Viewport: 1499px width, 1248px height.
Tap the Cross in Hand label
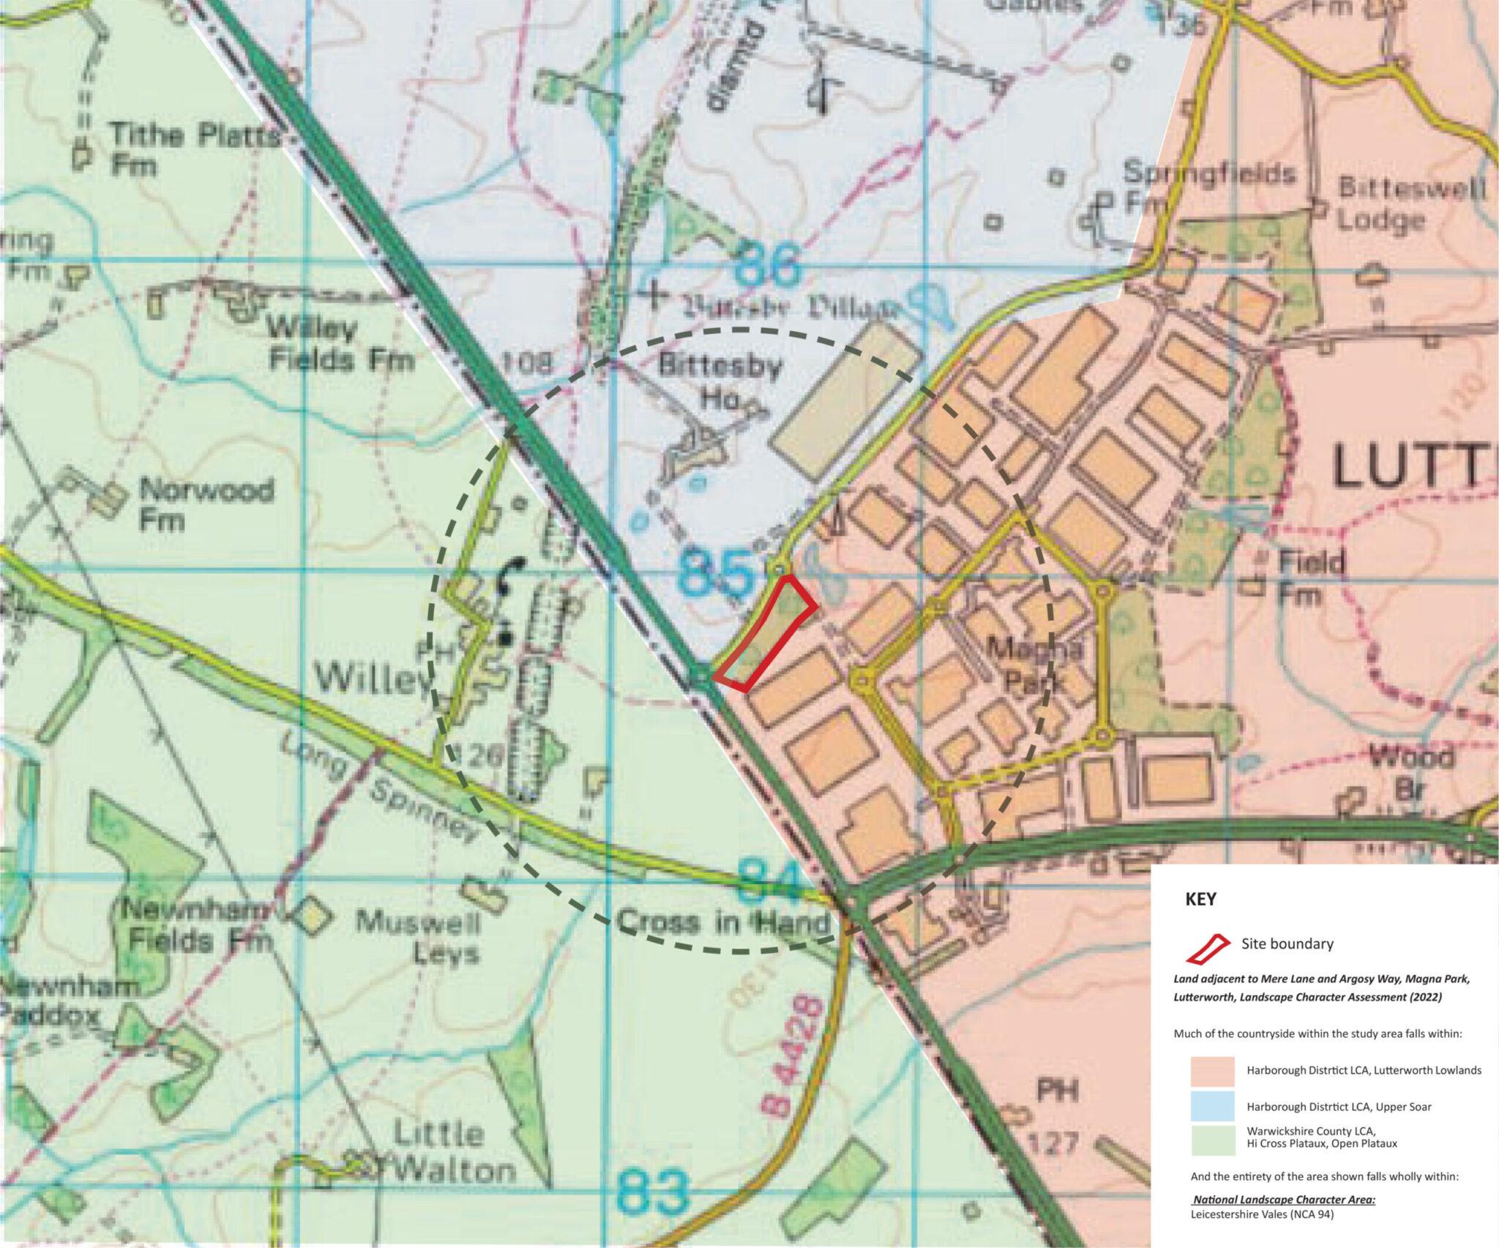725,922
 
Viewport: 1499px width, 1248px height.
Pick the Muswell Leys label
417,938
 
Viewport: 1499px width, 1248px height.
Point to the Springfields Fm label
1208,187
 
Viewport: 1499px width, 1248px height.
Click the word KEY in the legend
1200,900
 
